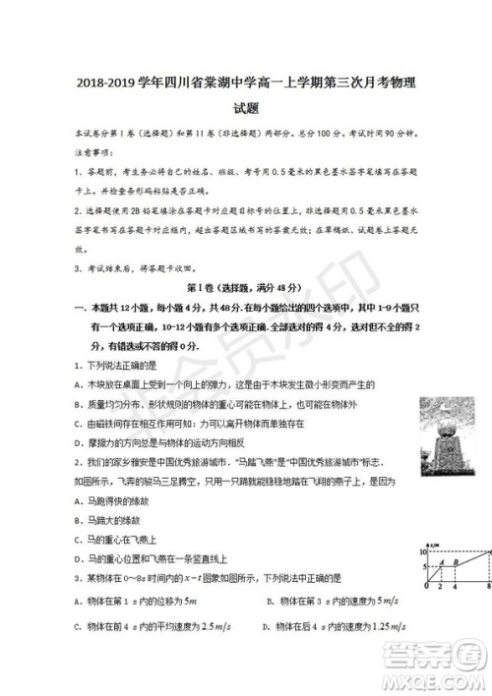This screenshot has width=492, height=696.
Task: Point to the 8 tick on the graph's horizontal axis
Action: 487,588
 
